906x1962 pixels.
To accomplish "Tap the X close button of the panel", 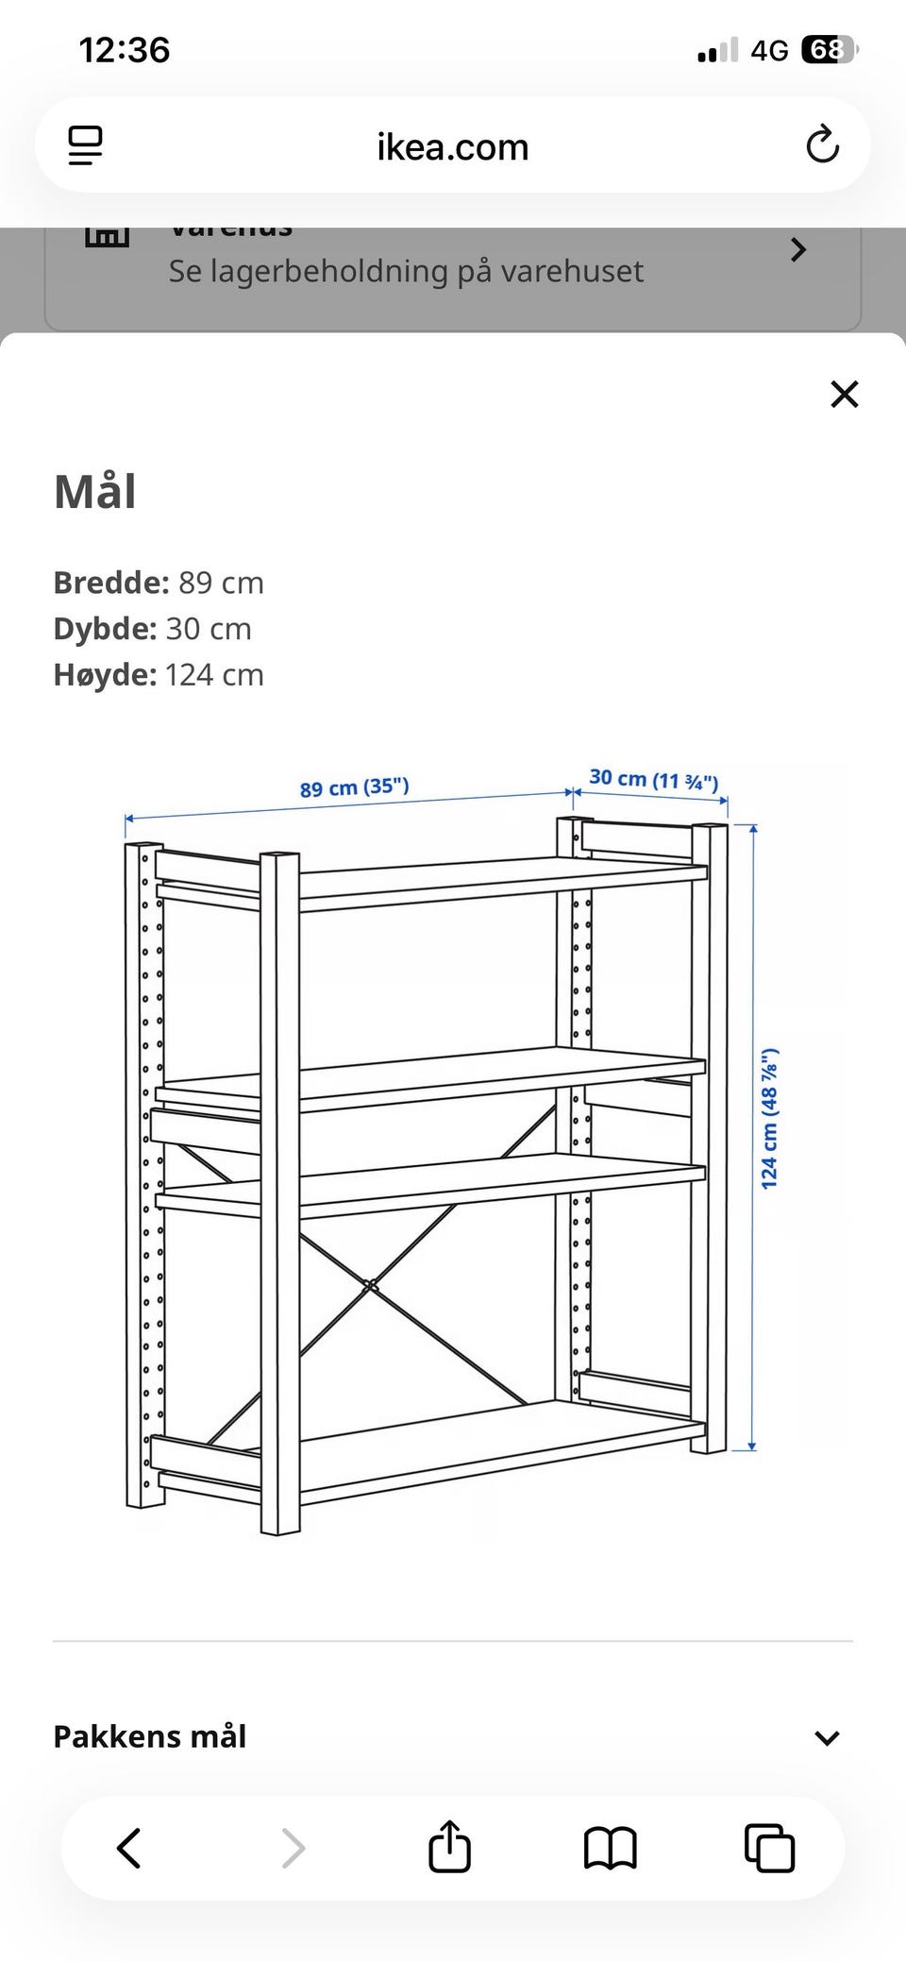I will point(844,394).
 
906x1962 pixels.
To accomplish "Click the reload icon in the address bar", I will point(822,144).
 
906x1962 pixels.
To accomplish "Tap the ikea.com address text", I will point(452,147).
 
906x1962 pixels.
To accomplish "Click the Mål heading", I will point(94,492).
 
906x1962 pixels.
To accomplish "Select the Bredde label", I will point(110,583).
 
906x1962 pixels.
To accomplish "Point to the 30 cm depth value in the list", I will point(209,629).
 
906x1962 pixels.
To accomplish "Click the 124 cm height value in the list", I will point(214,675).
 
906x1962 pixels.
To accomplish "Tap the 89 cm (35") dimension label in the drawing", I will point(354,787).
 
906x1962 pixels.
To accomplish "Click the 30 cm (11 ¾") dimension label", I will point(653,779).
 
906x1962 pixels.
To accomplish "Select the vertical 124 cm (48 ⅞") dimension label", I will point(770,1118).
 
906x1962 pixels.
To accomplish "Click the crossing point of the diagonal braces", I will point(370,1286).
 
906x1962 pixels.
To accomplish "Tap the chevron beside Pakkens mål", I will point(827,1738).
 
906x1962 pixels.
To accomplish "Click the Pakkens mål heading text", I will point(149,1736).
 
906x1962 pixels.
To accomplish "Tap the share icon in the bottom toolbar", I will point(449,1847).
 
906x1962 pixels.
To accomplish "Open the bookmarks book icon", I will point(610,1848).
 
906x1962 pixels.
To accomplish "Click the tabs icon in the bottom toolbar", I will point(769,1848).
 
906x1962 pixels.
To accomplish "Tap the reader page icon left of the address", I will point(85,145).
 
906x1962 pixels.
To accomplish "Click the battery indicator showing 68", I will point(827,49).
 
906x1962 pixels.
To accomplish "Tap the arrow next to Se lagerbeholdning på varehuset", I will point(797,250).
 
